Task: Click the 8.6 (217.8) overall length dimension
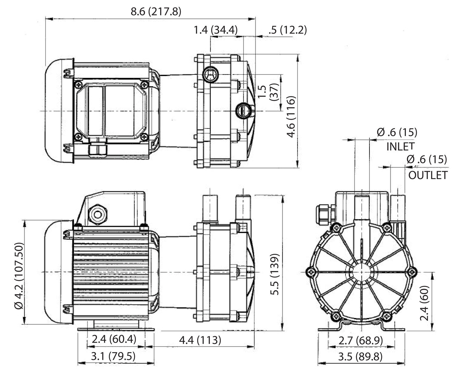(x=156, y=12)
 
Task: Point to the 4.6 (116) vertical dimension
(x=292, y=117)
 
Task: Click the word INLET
(x=400, y=146)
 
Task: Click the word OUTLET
(x=428, y=175)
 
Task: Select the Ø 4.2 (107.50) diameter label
(x=19, y=275)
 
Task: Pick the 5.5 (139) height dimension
(x=275, y=274)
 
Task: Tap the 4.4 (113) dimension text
(x=200, y=340)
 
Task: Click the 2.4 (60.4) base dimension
(x=114, y=339)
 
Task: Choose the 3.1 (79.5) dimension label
(x=113, y=356)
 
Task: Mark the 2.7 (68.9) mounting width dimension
(x=360, y=340)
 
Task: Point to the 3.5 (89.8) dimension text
(x=360, y=356)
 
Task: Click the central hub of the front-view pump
(x=361, y=272)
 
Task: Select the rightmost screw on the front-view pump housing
(x=412, y=272)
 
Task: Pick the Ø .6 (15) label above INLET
(x=397, y=132)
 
